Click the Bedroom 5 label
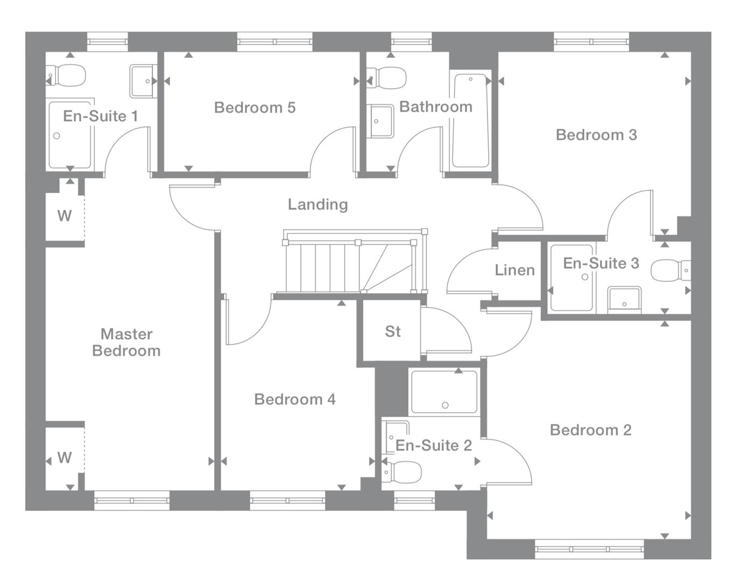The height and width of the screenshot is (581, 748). tap(255, 108)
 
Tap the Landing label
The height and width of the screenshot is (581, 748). tap(317, 204)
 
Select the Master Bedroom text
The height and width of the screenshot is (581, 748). tap(126, 342)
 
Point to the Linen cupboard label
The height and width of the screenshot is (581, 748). tap(514, 270)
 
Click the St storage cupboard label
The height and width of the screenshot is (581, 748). tap(393, 331)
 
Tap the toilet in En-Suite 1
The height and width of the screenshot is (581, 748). tap(67, 76)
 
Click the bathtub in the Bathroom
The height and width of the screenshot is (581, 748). tap(471, 121)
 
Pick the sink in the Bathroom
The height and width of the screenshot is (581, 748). tap(381, 121)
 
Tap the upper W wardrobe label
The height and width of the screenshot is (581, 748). tap(65, 216)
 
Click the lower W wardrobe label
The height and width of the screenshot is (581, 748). tap(65, 458)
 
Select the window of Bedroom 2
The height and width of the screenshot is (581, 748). tap(589, 549)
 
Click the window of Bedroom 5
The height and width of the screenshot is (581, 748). tap(274, 41)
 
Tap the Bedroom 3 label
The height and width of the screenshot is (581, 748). tap(596, 134)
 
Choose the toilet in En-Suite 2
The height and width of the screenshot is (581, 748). tap(404, 472)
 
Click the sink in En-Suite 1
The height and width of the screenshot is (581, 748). tap(142, 81)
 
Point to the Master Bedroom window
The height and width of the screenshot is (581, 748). tap(132, 500)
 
